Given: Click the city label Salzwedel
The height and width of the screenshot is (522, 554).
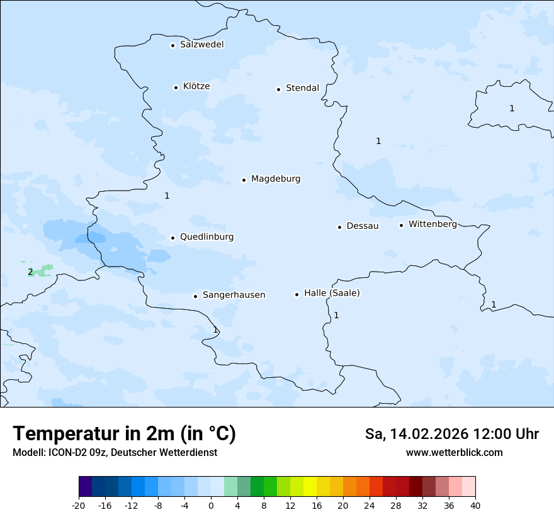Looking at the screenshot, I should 201,45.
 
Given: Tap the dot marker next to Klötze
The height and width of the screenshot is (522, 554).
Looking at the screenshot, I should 176,87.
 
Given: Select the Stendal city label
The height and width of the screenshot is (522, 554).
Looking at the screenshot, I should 302,88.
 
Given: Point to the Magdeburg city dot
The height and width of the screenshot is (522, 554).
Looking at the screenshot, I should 244,180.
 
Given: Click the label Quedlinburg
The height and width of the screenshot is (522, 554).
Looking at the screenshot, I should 206,237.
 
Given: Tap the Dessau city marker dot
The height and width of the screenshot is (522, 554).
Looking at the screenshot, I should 339,227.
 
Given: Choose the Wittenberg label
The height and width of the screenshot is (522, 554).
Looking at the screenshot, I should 432,225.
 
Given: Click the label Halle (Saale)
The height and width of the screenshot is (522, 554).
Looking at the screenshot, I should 332,293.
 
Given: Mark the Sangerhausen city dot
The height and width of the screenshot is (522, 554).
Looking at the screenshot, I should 195,296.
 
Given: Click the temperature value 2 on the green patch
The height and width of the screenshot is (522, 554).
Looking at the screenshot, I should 30,272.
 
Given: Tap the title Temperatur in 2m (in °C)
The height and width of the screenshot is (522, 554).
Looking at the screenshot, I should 124,434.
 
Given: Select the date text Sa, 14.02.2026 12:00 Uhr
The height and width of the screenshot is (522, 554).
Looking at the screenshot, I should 451,434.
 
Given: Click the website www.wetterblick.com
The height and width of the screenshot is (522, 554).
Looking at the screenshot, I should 454,453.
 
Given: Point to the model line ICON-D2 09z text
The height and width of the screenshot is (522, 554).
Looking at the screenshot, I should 115,453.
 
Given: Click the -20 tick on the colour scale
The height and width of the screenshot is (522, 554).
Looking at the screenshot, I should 79,506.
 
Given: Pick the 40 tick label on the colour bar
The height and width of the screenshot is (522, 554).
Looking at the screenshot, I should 475,506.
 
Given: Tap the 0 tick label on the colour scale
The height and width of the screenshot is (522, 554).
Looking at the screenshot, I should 211,506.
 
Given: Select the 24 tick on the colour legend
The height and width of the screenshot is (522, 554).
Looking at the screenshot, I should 370,506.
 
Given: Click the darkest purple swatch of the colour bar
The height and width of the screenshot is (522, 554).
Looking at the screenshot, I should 85,487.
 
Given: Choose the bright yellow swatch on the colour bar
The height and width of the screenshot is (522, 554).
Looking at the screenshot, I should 310,487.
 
